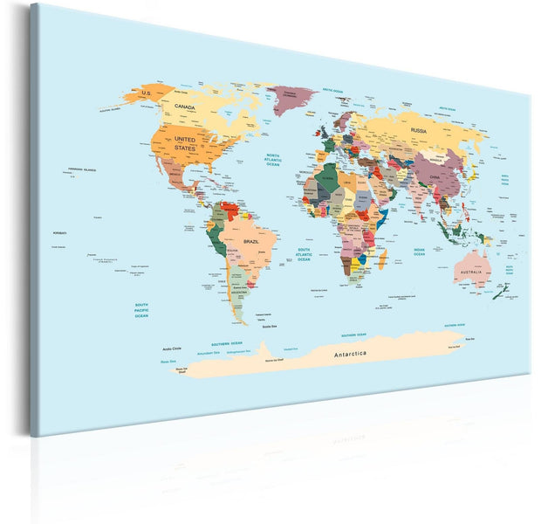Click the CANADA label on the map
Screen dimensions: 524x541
[184, 107]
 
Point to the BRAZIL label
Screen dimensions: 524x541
[251, 240]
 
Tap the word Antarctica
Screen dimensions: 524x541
[350, 353]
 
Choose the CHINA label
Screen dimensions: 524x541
[435, 177]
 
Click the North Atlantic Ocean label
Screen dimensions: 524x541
[273, 160]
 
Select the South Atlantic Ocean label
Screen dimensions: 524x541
[304, 254]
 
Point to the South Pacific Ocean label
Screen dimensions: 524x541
[141, 310]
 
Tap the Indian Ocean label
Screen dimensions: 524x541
[420, 252]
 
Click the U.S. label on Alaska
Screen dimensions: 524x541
[146, 93]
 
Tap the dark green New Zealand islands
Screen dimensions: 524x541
[498, 293]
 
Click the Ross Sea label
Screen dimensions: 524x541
[168, 361]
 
